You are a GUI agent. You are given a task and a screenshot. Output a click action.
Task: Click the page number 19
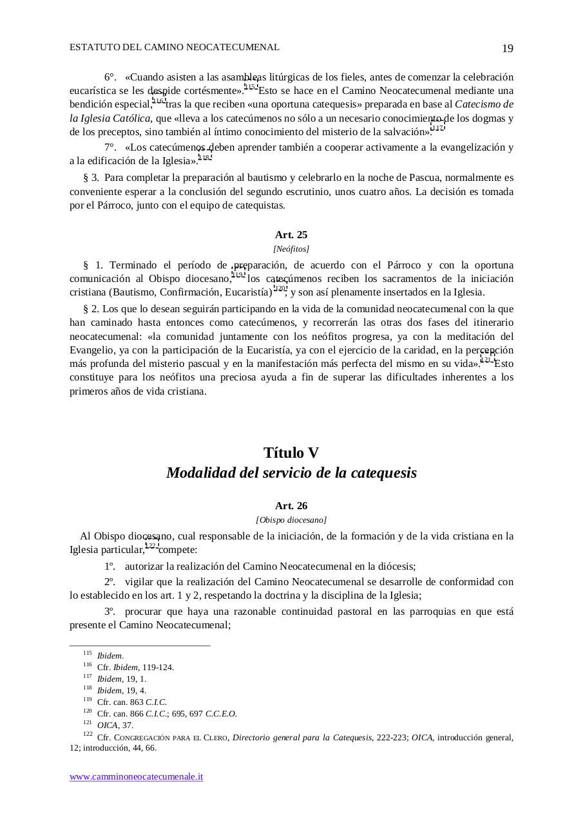pyautogui.click(x=507, y=49)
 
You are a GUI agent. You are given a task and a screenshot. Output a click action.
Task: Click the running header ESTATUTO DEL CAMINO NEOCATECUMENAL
pyautogui.click(x=175, y=47)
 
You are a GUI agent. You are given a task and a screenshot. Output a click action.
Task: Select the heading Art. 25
pyautogui.click(x=291, y=235)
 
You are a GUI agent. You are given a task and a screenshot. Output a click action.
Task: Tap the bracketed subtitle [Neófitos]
pyautogui.click(x=291, y=249)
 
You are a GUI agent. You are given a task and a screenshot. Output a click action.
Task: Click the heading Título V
pyautogui.click(x=291, y=453)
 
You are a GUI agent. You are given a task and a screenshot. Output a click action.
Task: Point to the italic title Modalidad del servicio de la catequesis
pyautogui.click(x=291, y=473)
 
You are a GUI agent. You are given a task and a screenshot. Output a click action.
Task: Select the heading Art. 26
pyautogui.click(x=291, y=506)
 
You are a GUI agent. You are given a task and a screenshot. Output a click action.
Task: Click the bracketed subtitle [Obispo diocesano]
pyautogui.click(x=291, y=520)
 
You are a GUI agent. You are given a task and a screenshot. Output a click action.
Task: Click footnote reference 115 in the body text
pyautogui.click(x=251, y=87)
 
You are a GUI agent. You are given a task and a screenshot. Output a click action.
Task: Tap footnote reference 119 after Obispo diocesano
pyautogui.click(x=238, y=275)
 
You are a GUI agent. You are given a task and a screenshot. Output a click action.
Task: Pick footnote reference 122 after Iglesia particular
pyautogui.click(x=151, y=546)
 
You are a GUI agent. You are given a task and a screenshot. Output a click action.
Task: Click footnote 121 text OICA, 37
pyautogui.click(x=115, y=725)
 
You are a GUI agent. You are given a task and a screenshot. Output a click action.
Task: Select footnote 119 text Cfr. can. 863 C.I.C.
pyautogui.click(x=132, y=702)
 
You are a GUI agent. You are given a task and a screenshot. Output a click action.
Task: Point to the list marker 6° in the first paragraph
pyautogui.click(x=110, y=77)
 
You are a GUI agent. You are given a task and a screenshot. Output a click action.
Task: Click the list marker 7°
pyautogui.click(x=110, y=147)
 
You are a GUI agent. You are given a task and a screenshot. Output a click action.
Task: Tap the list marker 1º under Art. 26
pyautogui.click(x=110, y=566)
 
